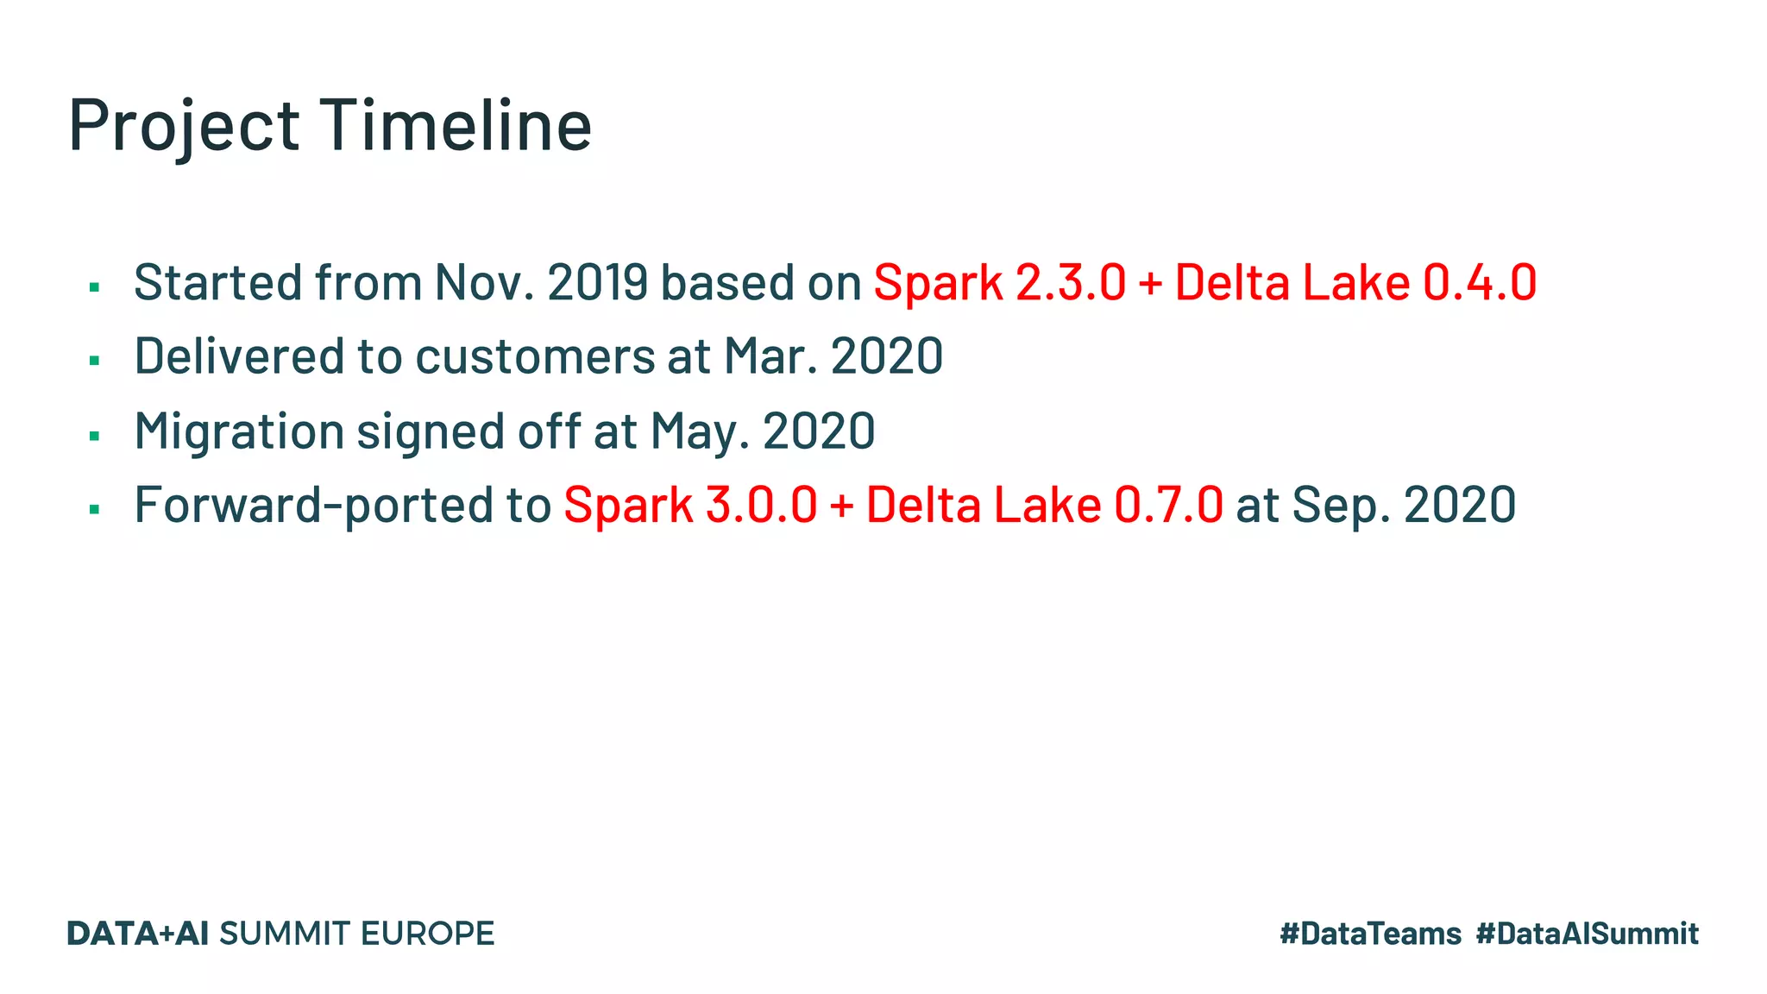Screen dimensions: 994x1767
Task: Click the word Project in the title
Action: pos(184,126)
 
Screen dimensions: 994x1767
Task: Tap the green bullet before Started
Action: pos(95,286)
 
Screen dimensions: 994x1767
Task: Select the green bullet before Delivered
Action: pos(95,360)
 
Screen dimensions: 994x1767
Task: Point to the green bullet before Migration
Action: pos(95,435)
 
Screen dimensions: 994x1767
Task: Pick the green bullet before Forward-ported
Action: pos(95,509)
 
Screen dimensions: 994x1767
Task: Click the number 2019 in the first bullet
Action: pos(597,282)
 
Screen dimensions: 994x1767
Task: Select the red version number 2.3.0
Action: pos(1071,282)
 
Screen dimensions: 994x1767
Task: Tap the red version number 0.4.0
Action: pos(1479,282)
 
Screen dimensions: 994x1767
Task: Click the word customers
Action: pos(535,356)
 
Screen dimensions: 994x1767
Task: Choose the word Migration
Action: pos(239,431)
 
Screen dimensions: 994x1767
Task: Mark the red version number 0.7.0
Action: pos(1168,505)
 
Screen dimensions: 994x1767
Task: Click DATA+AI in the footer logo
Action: pos(138,934)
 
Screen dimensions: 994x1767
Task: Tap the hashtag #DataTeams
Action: pos(1370,934)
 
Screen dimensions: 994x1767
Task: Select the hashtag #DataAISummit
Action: pos(1587,934)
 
